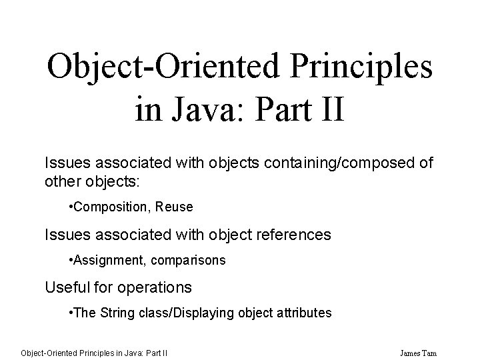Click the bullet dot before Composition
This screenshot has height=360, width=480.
coord(71,207)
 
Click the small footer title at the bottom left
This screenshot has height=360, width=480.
coord(93,352)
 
